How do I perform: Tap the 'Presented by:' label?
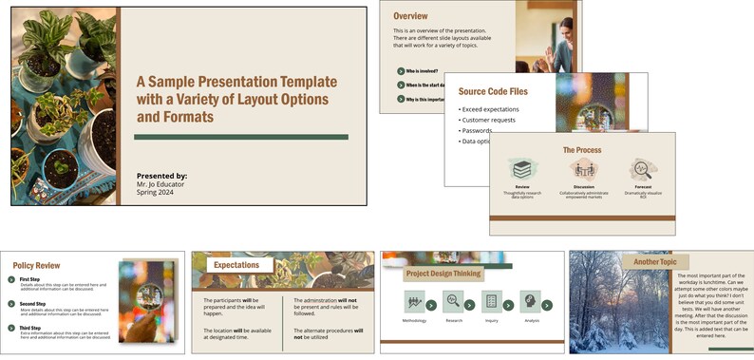tap(161, 176)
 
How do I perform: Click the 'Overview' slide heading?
tap(410, 16)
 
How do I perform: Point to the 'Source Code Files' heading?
tap(493, 92)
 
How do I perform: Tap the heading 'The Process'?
tap(582, 150)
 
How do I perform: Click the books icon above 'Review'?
tap(521, 169)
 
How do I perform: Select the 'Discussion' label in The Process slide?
tap(583, 187)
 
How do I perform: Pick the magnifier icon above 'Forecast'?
tap(644, 169)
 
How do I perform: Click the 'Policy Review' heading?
tap(37, 266)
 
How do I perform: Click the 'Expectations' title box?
tap(237, 265)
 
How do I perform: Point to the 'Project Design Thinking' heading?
tap(444, 274)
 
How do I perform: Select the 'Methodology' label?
tap(414, 320)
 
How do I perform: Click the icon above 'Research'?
tap(453, 302)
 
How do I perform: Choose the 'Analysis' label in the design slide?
tap(533, 320)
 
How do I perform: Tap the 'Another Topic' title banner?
tap(655, 261)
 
